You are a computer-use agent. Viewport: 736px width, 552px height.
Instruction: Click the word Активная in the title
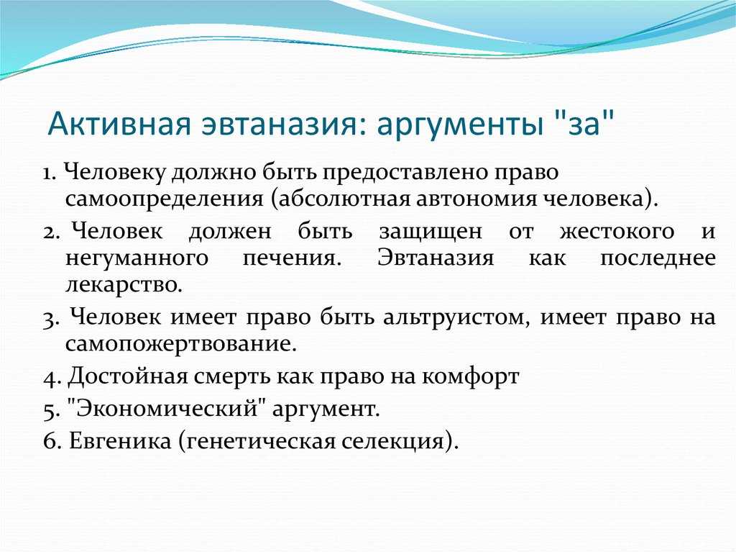click(x=119, y=124)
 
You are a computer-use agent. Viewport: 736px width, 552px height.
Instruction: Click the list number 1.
click(x=50, y=173)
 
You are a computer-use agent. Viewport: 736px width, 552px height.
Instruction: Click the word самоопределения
click(x=165, y=199)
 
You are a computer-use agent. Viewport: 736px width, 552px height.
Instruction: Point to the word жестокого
click(x=617, y=232)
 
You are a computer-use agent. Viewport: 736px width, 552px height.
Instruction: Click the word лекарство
click(x=124, y=286)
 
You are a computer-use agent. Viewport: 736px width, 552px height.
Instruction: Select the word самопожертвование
click(x=181, y=345)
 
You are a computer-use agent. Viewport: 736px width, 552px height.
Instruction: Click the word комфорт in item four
click(x=470, y=376)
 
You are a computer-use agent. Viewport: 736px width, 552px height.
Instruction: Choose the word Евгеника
click(x=120, y=441)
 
